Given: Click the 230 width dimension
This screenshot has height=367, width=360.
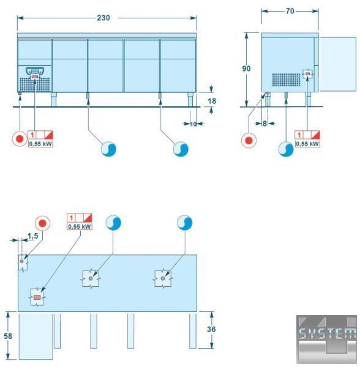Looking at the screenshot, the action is (x=103, y=18).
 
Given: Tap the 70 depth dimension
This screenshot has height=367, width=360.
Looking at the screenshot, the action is (x=290, y=11).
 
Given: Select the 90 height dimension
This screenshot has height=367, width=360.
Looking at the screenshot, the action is (x=246, y=69).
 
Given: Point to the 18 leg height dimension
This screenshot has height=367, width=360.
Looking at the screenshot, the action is (x=212, y=101).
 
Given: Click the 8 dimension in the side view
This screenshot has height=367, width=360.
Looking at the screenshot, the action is (x=264, y=124).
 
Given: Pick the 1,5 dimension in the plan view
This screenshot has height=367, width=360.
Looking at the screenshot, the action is (x=33, y=236).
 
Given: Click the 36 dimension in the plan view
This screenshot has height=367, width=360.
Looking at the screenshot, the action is (x=211, y=329).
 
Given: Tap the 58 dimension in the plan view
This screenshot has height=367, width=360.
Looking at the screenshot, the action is (x=8, y=336).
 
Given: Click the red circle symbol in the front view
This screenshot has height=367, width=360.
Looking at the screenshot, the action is (x=20, y=139).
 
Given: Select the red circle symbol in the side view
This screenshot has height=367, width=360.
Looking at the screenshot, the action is (x=249, y=141).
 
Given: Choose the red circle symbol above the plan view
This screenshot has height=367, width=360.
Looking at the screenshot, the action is (x=42, y=223).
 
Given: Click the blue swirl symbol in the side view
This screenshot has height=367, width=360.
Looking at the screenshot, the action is (x=286, y=149).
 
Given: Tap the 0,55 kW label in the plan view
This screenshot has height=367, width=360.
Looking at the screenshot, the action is (x=80, y=226).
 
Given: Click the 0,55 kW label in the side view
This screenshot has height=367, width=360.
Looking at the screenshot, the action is (x=307, y=144).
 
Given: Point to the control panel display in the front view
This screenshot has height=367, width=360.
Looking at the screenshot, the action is (x=35, y=72).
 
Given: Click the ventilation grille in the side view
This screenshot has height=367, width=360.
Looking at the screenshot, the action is (x=286, y=80).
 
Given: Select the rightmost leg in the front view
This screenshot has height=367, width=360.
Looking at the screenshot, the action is (x=190, y=100).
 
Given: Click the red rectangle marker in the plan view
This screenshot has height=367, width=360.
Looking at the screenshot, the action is (x=37, y=297).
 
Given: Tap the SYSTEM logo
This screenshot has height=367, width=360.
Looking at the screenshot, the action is (x=327, y=339).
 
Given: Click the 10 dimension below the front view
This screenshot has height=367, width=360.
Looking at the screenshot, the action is (x=193, y=124).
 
